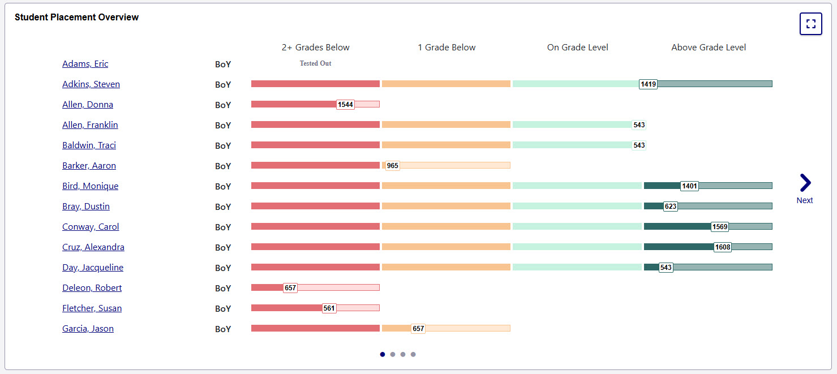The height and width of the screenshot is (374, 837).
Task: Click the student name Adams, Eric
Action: [x=85, y=64]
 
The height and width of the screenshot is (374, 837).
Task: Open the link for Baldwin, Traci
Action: [x=89, y=145]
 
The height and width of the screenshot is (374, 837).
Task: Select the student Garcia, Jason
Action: [x=88, y=329]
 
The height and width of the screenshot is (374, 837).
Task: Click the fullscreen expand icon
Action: [x=810, y=24]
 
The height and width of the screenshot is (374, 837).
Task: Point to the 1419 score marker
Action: [x=648, y=84]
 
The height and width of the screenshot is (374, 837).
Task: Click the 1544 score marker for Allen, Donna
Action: [x=345, y=105]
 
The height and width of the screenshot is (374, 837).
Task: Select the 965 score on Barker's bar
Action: [x=392, y=166]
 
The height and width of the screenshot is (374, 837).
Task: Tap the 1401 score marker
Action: [x=689, y=186]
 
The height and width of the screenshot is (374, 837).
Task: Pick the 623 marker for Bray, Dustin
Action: [x=671, y=207]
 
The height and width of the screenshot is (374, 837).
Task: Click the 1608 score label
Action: [x=723, y=247]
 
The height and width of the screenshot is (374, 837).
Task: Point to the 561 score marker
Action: [x=329, y=308]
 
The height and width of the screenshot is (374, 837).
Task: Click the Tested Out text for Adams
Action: [x=315, y=63]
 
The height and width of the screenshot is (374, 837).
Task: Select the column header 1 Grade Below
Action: [x=447, y=48]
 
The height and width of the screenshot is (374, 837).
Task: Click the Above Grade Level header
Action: [x=709, y=48]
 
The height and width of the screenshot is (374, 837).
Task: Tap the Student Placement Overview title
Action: [x=76, y=17]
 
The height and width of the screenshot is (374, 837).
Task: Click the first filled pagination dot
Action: [x=383, y=355]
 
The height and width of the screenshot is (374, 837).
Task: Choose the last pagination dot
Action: [x=413, y=355]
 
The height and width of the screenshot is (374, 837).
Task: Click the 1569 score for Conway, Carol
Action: [x=720, y=227]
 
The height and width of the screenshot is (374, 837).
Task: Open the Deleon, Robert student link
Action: [x=92, y=288]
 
